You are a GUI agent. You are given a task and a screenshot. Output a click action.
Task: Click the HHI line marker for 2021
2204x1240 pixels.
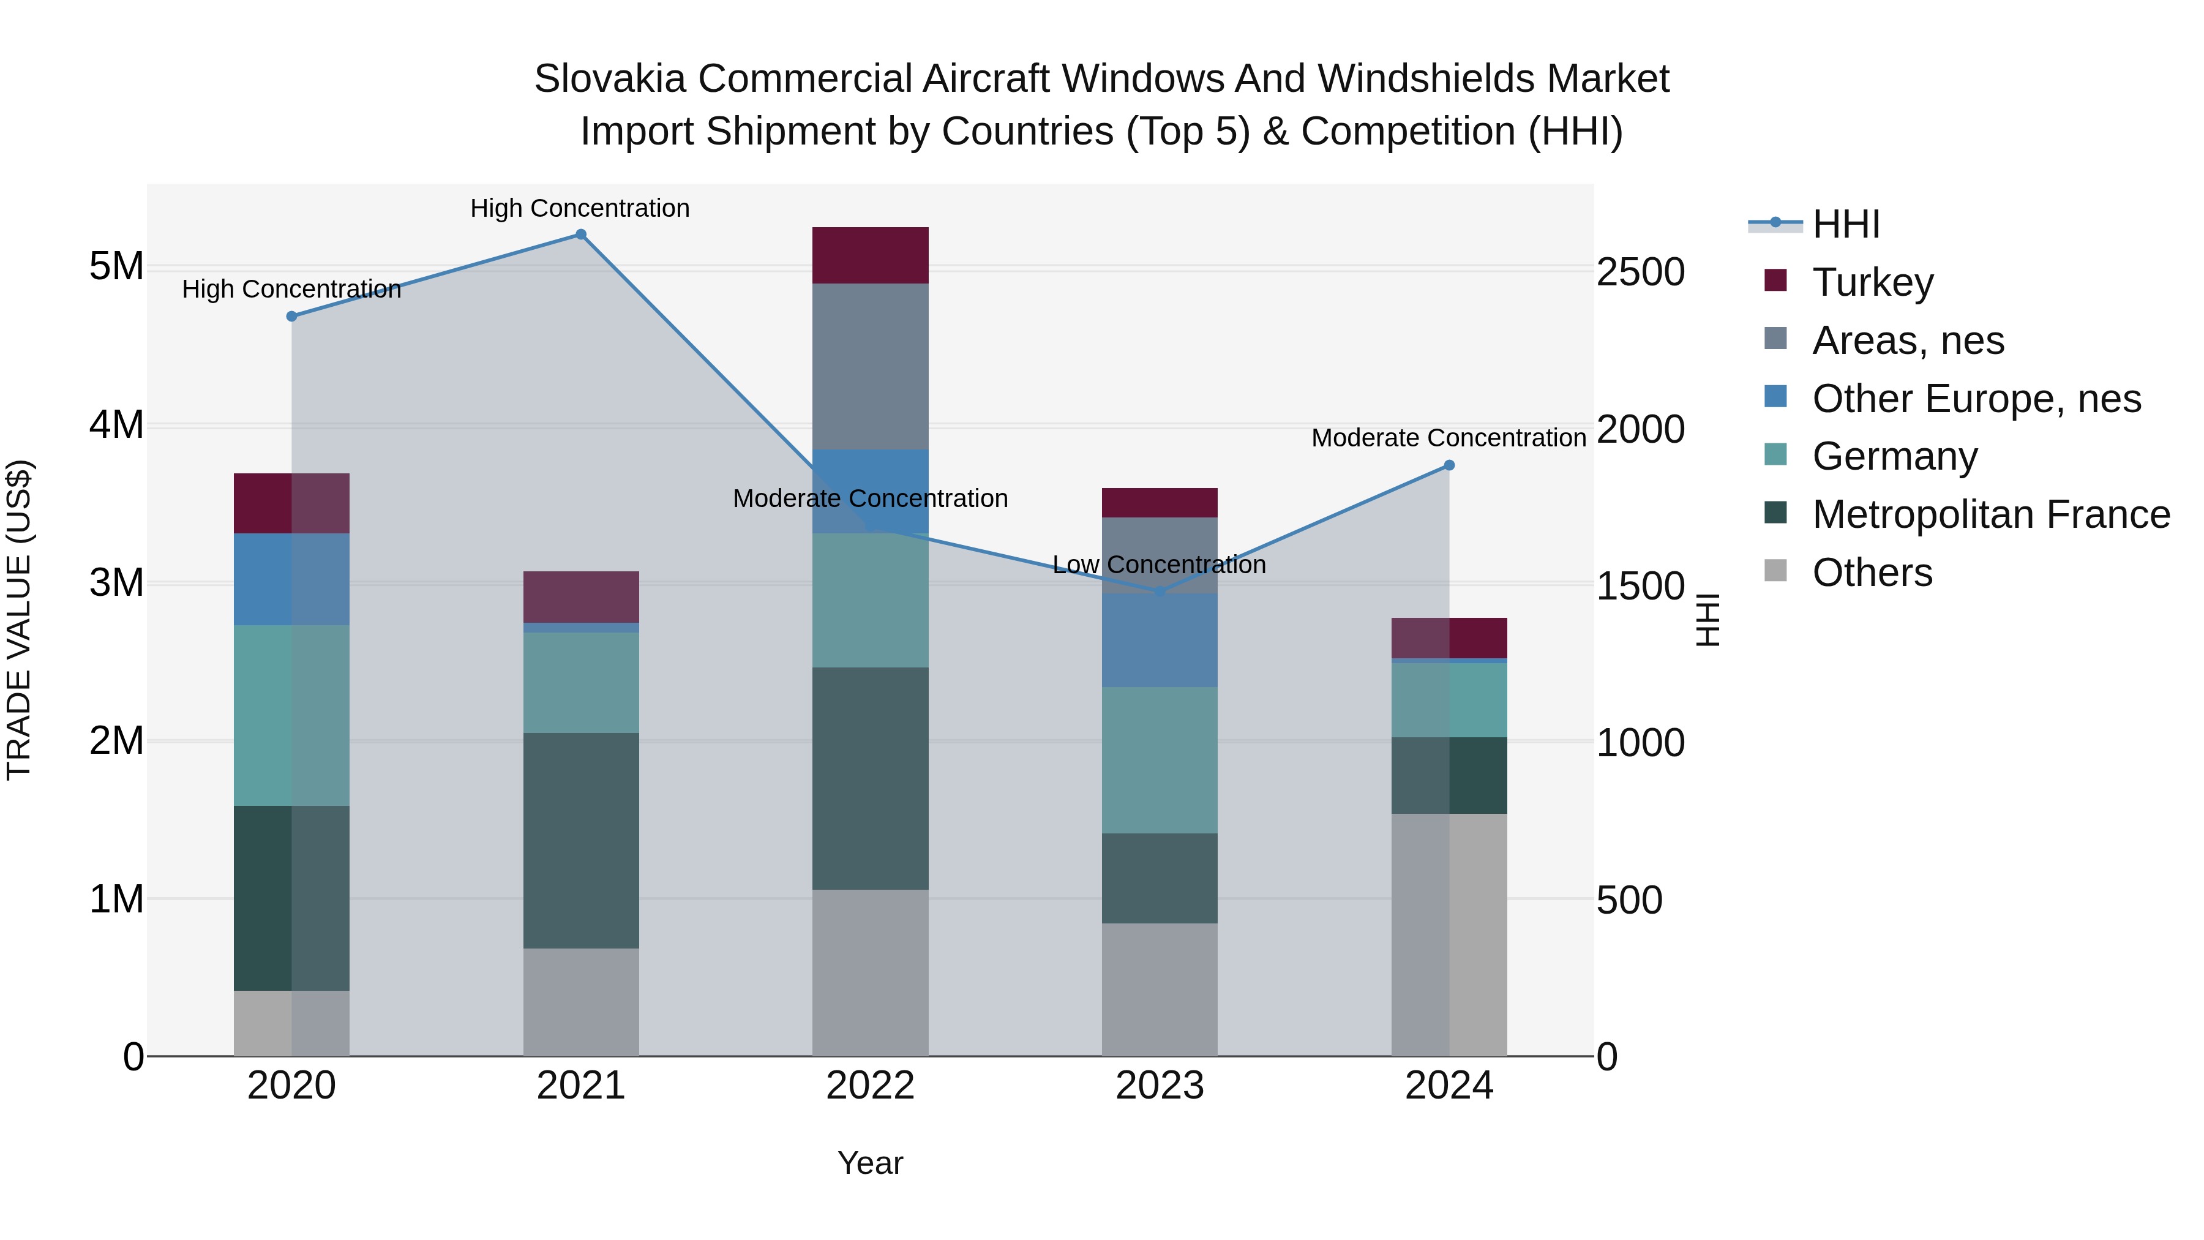coord(581,235)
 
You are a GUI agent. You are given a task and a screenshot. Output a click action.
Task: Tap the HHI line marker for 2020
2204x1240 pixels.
coord(292,317)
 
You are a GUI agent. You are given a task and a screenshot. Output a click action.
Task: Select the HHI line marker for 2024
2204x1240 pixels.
coord(1449,465)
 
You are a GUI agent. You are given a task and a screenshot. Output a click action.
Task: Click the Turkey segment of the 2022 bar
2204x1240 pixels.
coord(870,255)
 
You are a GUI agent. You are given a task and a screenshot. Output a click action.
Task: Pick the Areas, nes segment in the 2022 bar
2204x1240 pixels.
coord(870,366)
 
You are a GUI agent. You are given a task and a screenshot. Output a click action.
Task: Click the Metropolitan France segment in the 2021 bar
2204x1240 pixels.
coord(581,840)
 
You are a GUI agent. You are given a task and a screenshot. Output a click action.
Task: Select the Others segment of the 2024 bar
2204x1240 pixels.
coord(1449,934)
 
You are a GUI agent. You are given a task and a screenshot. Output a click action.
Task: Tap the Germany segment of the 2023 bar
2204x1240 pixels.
coord(1160,760)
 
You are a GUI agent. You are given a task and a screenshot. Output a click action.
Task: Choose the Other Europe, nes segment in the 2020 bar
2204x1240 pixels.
coord(292,579)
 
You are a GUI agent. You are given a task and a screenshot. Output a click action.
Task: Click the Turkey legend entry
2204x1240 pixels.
coord(1872,282)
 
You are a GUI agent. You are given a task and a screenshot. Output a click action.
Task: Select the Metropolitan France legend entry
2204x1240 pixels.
coord(1990,514)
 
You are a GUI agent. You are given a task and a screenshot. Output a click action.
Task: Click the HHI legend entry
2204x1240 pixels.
coord(1845,224)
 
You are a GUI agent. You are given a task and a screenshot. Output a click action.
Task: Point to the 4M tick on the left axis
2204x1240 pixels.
coord(116,424)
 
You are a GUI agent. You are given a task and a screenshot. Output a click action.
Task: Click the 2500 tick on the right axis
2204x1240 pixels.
coord(1640,272)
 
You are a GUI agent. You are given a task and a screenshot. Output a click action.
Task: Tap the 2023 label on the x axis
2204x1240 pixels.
coord(1160,1086)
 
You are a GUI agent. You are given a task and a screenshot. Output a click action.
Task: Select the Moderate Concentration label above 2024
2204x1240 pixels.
coord(1449,438)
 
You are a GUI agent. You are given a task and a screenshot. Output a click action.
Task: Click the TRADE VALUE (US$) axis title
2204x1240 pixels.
coord(19,620)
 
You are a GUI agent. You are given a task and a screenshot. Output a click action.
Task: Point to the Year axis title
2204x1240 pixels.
coord(870,1163)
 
